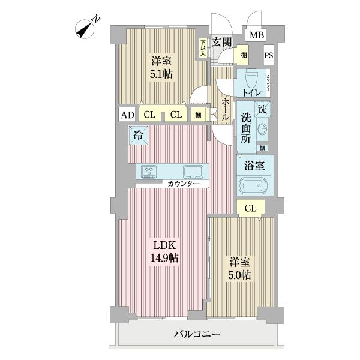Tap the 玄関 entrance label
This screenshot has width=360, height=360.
click(223, 42)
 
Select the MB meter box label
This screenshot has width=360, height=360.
click(256, 35)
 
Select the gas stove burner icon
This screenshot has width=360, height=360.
click(149, 172)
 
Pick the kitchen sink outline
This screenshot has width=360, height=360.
click(193, 172)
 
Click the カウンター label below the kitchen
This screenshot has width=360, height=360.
click(180, 184)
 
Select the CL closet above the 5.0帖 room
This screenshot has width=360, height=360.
click(251, 208)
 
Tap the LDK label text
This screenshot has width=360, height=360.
click(164, 245)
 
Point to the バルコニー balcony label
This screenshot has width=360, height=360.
click(197, 334)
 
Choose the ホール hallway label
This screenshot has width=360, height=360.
click(224, 110)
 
